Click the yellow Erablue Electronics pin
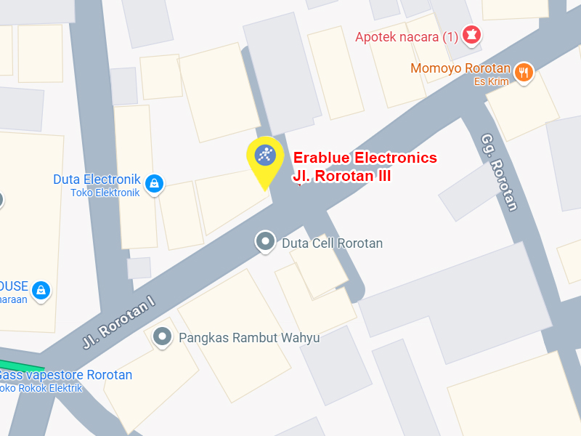point(266,157)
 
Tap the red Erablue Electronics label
point(365,158)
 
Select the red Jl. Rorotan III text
point(341,176)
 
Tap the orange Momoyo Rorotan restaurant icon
point(524,71)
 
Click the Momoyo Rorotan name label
point(460,68)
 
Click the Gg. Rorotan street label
point(500,171)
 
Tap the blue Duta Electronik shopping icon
point(154,184)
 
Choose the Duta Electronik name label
point(97,179)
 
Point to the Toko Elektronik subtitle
point(105,193)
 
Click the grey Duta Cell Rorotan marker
point(265,241)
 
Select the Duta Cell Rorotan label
point(332,243)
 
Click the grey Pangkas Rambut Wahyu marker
point(163,336)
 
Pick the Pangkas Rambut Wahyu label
point(249,338)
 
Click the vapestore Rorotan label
point(67,375)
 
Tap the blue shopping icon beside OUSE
point(42,289)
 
